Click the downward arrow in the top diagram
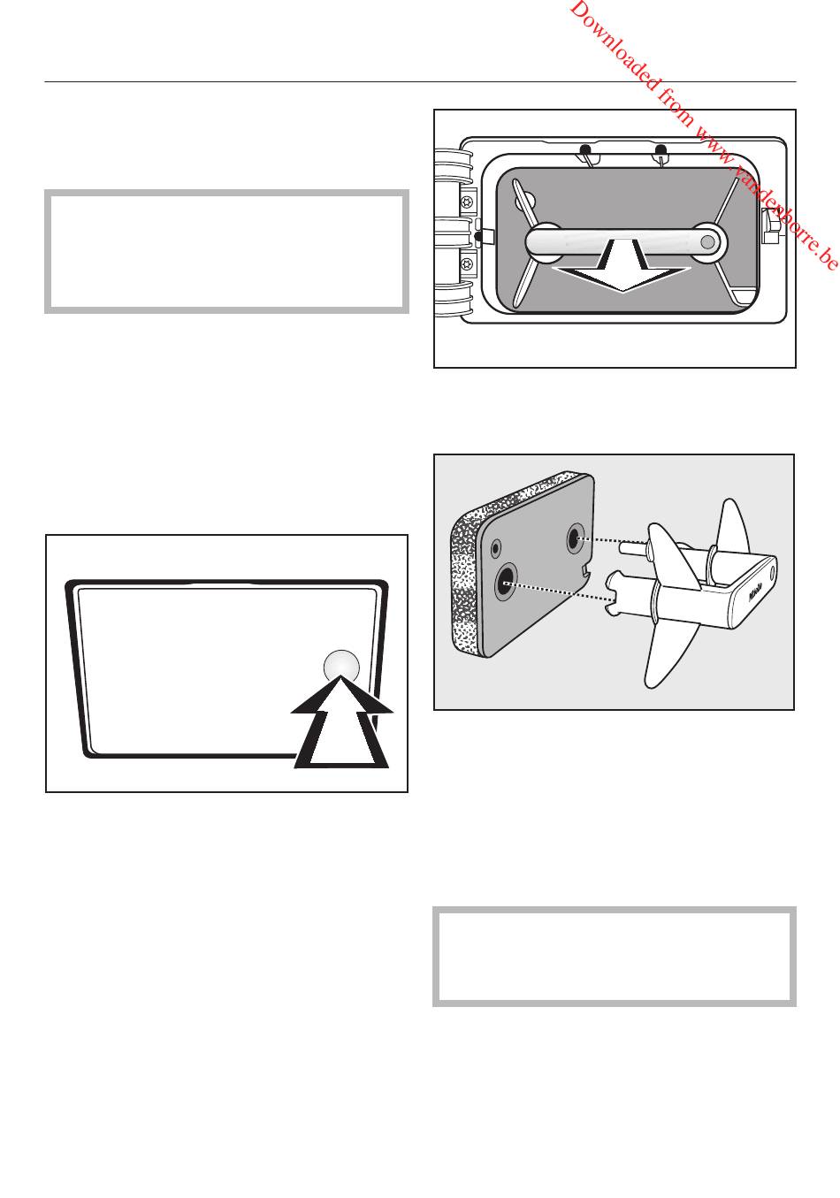click(x=622, y=270)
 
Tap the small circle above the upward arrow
click(x=341, y=667)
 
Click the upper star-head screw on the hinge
click(x=468, y=202)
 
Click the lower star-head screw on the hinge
click(x=468, y=263)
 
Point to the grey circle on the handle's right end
click(x=707, y=242)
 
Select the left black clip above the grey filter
click(x=584, y=149)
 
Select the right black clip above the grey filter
click(x=661, y=149)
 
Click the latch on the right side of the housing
click(x=770, y=225)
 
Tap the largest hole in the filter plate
click(x=506, y=583)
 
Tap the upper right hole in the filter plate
click(x=576, y=539)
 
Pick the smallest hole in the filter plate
click(x=496, y=547)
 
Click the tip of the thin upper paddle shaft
click(x=622, y=547)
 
